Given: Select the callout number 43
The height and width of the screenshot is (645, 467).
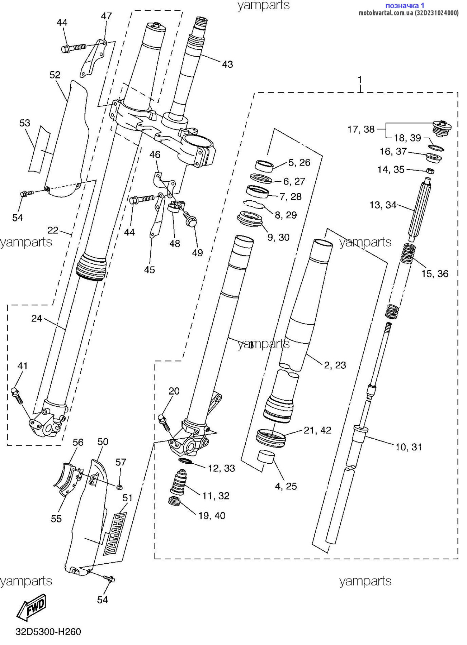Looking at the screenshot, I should pos(227,64).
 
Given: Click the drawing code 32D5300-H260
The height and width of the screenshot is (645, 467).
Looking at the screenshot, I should pos(48,631).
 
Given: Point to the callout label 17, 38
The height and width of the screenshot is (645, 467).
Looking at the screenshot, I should pos(361,129).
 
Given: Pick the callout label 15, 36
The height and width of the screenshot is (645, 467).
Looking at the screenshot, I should pos(435,274).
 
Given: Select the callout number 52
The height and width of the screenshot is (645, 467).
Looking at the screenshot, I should pos(55,75).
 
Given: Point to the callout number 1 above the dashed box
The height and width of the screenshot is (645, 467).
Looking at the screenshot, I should pos(360,80).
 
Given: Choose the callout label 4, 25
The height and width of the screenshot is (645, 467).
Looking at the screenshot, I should pos(286,486).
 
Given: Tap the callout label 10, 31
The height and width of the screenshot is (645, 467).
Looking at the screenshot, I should pos(409,447).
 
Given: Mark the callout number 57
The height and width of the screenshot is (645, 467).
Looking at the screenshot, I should pos(121,462).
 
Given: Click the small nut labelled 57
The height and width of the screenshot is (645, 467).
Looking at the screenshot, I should pos(119,486).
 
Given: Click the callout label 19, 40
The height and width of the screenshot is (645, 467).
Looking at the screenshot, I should pos(212,516).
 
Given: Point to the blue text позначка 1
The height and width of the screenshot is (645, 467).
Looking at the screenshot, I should pos(405,5).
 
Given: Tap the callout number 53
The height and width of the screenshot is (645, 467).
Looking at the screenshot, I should pos(25,123).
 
